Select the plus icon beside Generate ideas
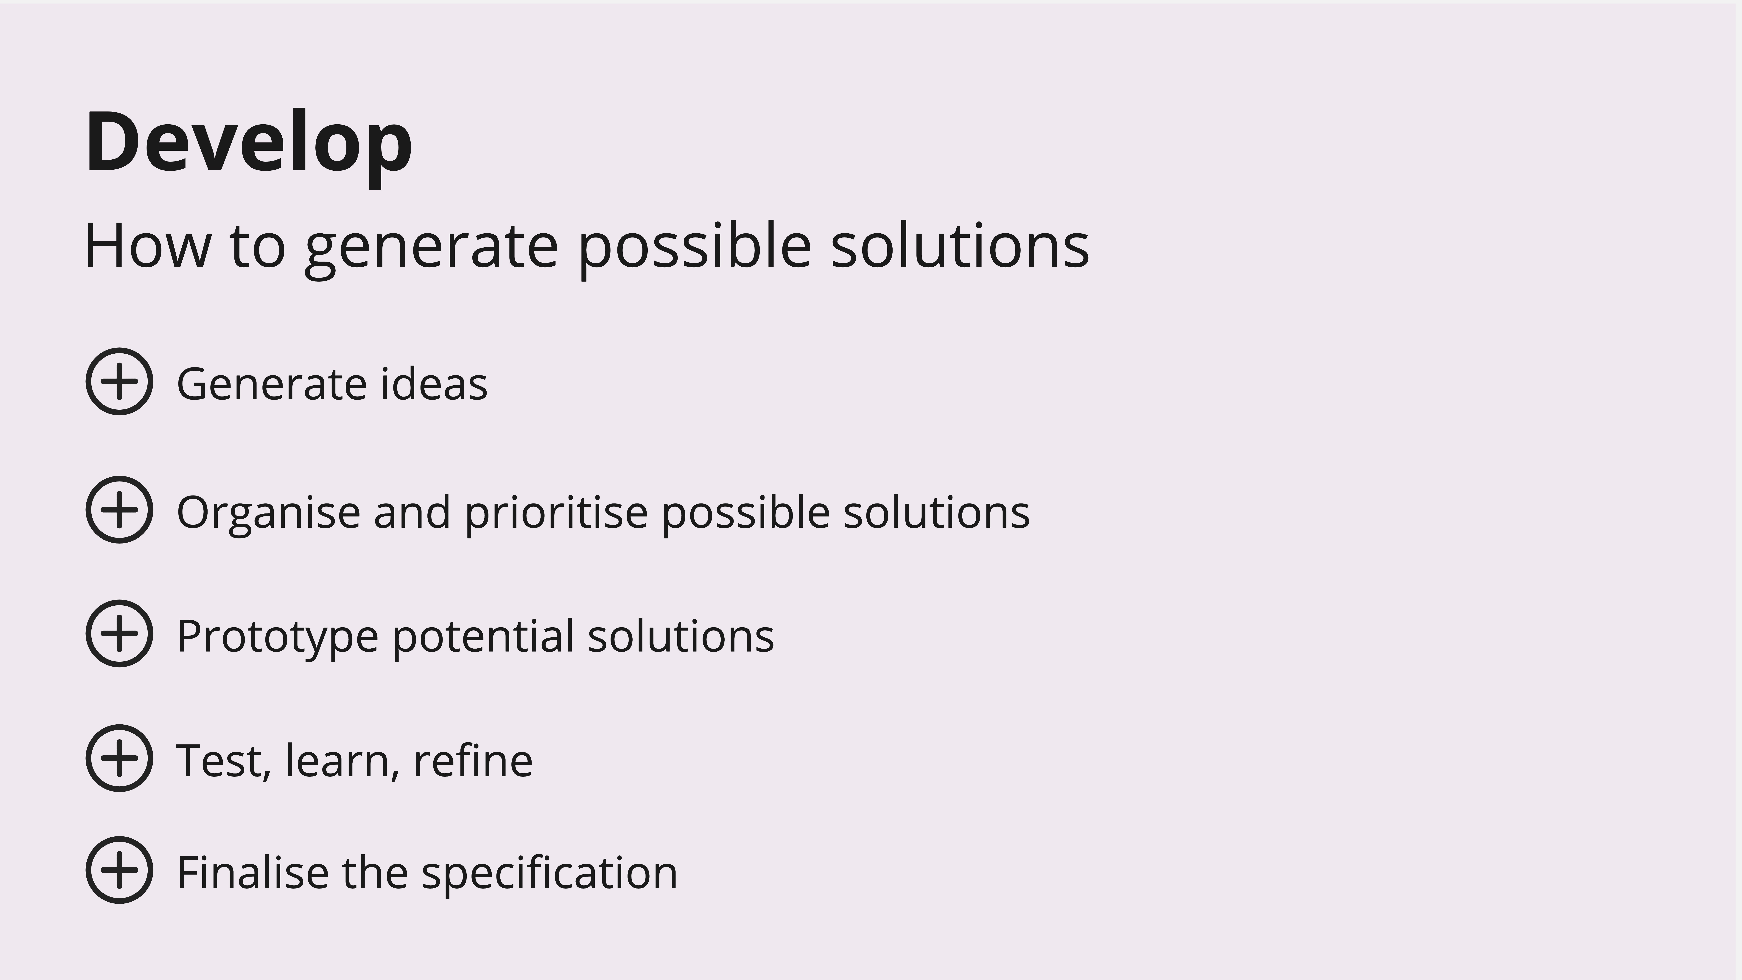pos(119,381)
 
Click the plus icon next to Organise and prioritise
pos(119,509)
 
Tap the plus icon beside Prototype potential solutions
pos(119,633)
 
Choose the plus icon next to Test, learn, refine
pos(119,758)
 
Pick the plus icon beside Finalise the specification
pos(119,870)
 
